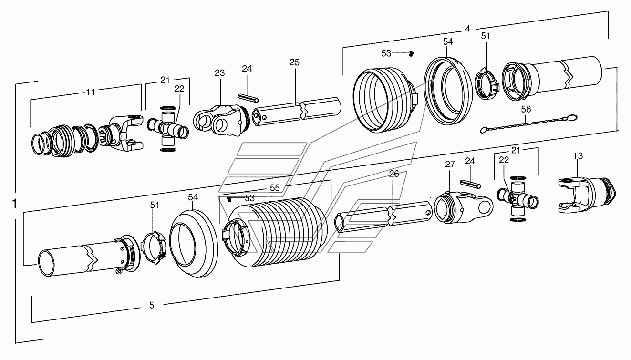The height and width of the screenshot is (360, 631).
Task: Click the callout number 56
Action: (x=526, y=109)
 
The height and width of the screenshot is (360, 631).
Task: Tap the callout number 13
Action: (x=578, y=156)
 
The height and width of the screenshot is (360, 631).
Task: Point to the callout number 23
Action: (x=219, y=73)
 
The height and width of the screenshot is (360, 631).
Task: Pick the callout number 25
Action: (x=294, y=62)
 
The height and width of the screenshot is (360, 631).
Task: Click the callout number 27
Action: (x=450, y=165)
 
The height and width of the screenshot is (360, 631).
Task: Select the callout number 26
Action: (x=394, y=174)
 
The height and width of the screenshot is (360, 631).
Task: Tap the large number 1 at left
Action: (x=14, y=204)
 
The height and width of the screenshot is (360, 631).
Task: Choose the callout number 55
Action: (x=275, y=188)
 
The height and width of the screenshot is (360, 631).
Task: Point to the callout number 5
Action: (x=152, y=305)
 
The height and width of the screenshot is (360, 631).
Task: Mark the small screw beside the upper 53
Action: (x=412, y=54)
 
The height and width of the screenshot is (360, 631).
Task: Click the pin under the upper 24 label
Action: (x=248, y=96)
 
